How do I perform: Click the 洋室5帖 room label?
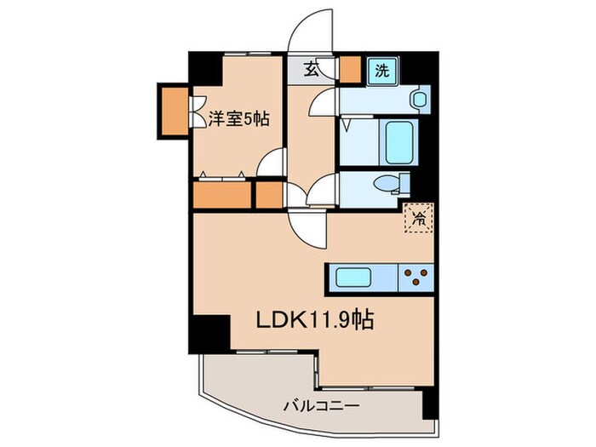coord(238,120)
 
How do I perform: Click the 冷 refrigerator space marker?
coord(419,219)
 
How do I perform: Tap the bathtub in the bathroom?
coord(398,141)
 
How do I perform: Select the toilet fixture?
coord(393,184)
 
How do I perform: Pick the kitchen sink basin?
coord(358,278)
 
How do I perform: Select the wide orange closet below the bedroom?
coord(222,195)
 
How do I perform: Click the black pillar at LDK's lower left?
coord(210,331)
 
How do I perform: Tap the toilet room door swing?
coord(324,191)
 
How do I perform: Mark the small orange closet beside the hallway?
coord(269,195)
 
